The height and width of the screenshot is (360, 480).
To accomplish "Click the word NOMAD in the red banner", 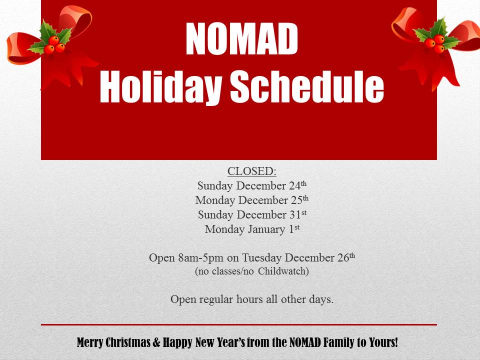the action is [241, 39].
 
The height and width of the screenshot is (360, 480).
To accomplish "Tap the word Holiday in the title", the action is [160, 87].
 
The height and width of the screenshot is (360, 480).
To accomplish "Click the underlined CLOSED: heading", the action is [252, 171].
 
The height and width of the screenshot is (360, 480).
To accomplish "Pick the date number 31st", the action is [298, 214].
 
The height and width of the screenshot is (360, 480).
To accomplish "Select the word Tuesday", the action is [261, 258].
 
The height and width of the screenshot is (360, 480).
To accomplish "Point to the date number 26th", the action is [346, 257].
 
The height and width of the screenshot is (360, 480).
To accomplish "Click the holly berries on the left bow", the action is [54, 45].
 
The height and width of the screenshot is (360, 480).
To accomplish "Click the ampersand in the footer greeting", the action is [156, 342].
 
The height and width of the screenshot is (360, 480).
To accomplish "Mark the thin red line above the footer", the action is [239, 324].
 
